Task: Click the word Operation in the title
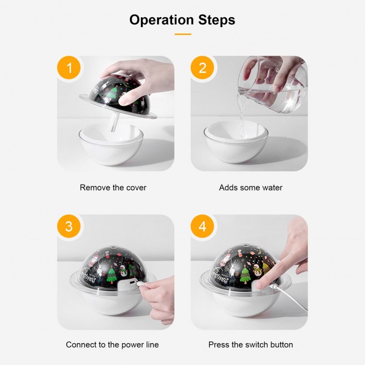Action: coord(162,20)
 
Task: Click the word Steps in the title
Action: coord(217,20)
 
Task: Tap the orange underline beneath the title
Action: coord(183,34)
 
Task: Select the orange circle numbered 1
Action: coord(69,68)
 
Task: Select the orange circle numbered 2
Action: coord(202,68)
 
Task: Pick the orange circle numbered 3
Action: coord(69,226)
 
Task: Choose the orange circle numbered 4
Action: coord(202,226)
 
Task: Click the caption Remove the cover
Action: coord(113,188)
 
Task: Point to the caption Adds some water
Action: coord(251,188)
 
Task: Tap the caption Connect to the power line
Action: coord(113,345)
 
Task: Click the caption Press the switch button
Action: coord(251,345)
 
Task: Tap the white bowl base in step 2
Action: coord(236,142)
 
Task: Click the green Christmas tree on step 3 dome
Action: coord(112,275)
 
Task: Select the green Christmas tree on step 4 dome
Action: coord(245,275)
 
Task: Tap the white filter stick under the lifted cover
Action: coord(115,123)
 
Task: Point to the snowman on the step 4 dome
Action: coord(257,270)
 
